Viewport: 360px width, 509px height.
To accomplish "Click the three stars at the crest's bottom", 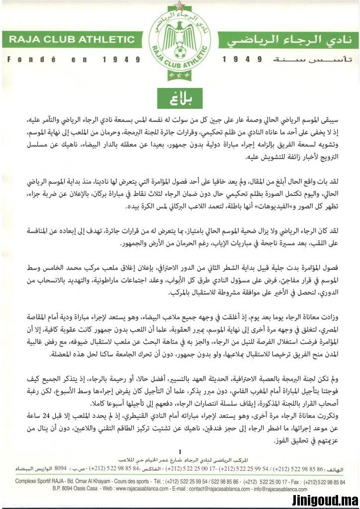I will [180, 76].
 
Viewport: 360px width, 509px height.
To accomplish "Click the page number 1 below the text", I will [180, 451].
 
